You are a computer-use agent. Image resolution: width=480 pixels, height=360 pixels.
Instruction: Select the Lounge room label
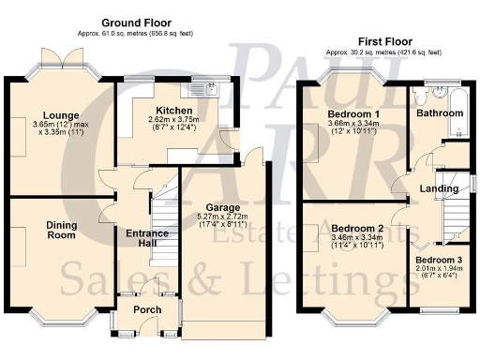(46, 116)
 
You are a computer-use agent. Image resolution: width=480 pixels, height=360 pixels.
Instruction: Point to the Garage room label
(222, 207)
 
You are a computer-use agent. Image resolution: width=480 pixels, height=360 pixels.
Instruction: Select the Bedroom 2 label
(358, 228)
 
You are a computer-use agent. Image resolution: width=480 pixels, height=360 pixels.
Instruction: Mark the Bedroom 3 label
(440, 260)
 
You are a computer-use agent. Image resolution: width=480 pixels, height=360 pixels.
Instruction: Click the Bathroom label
(441, 113)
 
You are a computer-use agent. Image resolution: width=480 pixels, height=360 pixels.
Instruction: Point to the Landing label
(439, 188)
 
